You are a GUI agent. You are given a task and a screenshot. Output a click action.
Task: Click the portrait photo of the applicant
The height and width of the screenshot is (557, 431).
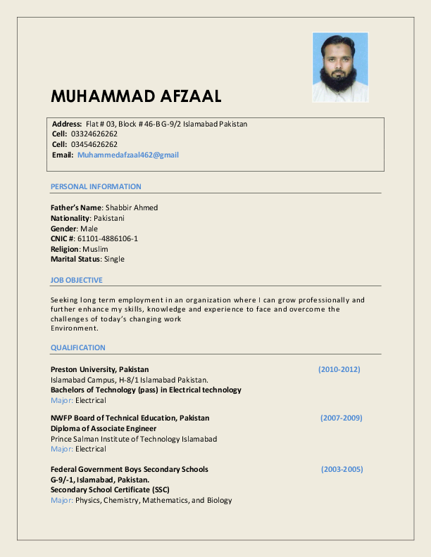(340, 68)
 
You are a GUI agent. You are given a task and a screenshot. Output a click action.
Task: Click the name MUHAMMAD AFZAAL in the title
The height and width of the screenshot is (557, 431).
(137, 96)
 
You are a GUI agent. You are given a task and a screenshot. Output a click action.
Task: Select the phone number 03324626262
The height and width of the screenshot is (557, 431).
(94, 134)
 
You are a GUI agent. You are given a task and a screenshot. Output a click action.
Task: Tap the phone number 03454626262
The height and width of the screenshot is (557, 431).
(94, 144)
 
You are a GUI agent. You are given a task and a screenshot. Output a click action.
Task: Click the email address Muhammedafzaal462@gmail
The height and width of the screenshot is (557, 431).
(128, 155)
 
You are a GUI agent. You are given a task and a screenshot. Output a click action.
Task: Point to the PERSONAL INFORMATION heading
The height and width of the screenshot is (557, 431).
(96, 186)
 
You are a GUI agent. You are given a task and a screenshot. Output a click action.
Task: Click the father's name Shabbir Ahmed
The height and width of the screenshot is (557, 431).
(132, 207)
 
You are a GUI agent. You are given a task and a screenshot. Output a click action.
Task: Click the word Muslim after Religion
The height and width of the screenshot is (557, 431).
(95, 249)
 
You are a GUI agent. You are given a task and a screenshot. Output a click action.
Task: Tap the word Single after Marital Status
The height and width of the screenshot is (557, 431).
(114, 259)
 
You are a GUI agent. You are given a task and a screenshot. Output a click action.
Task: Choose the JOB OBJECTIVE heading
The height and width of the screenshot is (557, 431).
(77, 280)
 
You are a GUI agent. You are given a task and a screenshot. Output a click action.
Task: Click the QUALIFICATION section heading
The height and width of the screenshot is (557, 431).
(78, 347)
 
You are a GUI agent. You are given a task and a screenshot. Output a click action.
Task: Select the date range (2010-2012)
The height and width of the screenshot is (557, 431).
(339, 369)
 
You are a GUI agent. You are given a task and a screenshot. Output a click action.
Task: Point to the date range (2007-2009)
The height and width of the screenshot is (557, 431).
(342, 418)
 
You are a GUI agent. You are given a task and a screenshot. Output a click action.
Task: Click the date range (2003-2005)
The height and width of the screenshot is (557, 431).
(342, 469)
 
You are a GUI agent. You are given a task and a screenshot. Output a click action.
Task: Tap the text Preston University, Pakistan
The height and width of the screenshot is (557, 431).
(100, 369)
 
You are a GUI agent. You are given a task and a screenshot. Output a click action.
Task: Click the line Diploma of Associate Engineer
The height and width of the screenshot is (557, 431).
(104, 428)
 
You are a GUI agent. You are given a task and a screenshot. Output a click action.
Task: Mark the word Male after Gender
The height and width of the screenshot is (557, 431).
(89, 229)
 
